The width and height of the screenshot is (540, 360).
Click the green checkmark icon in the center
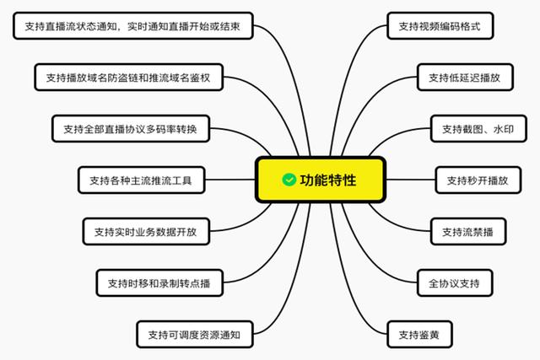(x=289, y=180)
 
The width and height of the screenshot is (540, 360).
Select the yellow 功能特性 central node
(x=321, y=180)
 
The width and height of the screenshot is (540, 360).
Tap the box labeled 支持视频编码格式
(x=440, y=26)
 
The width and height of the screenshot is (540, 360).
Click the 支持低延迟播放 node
(x=465, y=77)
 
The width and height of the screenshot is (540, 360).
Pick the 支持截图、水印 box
(x=478, y=129)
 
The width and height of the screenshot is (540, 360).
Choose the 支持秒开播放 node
(x=478, y=180)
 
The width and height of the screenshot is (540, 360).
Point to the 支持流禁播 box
(x=468, y=231)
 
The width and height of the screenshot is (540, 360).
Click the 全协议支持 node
(x=455, y=283)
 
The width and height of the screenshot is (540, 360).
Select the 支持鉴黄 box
(x=419, y=334)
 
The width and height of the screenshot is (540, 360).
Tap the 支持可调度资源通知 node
(x=195, y=334)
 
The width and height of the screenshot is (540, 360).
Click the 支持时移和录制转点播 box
(x=159, y=283)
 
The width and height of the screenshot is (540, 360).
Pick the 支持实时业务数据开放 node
(x=146, y=231)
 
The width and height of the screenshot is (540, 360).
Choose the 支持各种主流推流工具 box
(x=141, y=180)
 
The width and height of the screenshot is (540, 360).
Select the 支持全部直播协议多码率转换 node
(x=131, y=129)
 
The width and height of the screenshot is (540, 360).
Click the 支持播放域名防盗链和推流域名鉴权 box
(x=128, y=77)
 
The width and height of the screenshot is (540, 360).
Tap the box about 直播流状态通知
(x=133, y=26)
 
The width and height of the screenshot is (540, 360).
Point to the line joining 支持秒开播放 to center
(x=411, y=180)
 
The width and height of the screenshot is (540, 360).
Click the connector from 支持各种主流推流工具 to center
(x=230, y=180)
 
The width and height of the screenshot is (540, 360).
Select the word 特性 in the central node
(x=342, y=180)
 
